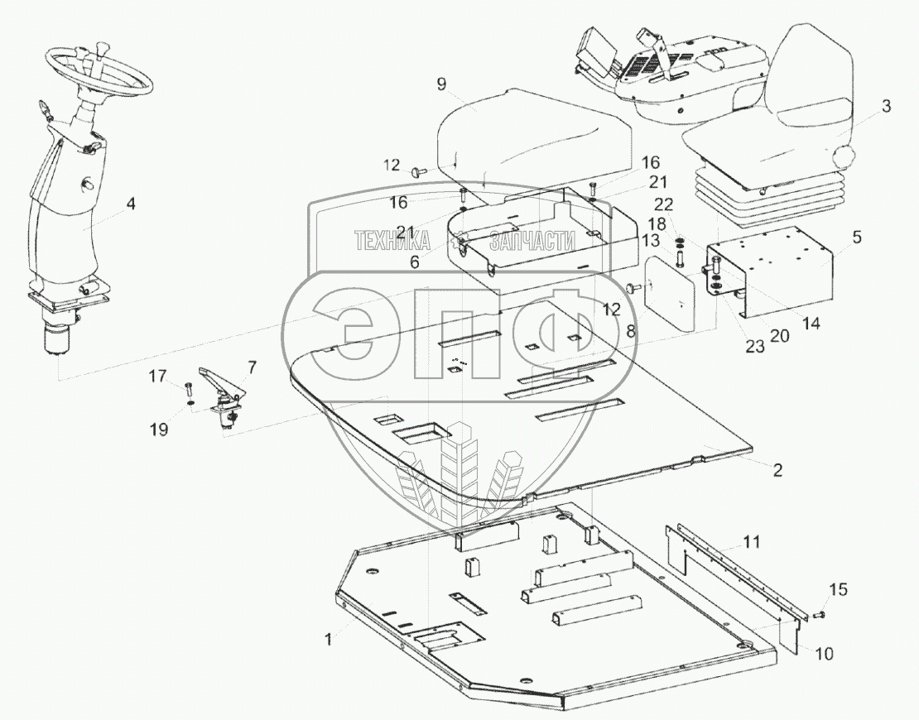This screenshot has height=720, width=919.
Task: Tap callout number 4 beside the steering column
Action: point(131,201)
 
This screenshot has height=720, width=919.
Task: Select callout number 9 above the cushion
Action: point(441,84)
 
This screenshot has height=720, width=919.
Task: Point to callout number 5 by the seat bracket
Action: point(856,238)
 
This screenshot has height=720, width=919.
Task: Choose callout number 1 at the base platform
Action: point(329,639)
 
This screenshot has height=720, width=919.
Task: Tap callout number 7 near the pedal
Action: point(252,366)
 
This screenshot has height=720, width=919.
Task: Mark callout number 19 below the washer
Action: point(159,429)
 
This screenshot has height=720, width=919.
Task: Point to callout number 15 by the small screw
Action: point(838,589)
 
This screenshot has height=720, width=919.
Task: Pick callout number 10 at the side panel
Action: point(824,654)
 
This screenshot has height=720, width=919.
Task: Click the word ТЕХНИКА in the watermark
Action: point(391,241)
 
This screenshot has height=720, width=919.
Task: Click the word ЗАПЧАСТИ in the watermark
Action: point(533,241)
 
